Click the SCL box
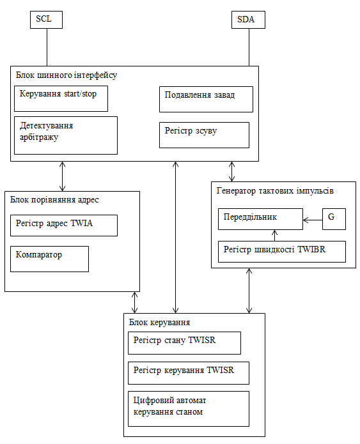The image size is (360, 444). tap(46, 20)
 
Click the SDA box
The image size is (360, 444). tap(248, 20)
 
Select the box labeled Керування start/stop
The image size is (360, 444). tap(61, 98)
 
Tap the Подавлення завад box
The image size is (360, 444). tap(206, 100)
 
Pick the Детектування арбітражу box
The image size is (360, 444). tap(66, 135)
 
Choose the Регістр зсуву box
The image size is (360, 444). tap(204, 135)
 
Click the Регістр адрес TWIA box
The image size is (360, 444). tap(64, 226)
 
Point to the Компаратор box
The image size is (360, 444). tap(49, 259)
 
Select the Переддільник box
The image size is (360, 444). tap(260, 219)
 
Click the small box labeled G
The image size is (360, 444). tap(334, 219)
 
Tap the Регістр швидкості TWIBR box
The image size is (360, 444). tap(282, 252)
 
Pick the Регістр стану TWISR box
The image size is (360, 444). tap(184, 343)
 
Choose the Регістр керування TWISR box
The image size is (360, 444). tap(189, 373)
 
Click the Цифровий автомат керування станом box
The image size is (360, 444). tap(189, 409)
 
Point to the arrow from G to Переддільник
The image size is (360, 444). tap(313, 220)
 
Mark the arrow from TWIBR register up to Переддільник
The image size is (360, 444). tap(274, 236)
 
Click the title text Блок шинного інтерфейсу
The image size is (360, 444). tap(67, 75)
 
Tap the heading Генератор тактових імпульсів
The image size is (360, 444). tap(275, 191)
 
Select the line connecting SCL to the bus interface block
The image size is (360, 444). tap(47, 47)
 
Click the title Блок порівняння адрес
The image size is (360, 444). tap(54, 200)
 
